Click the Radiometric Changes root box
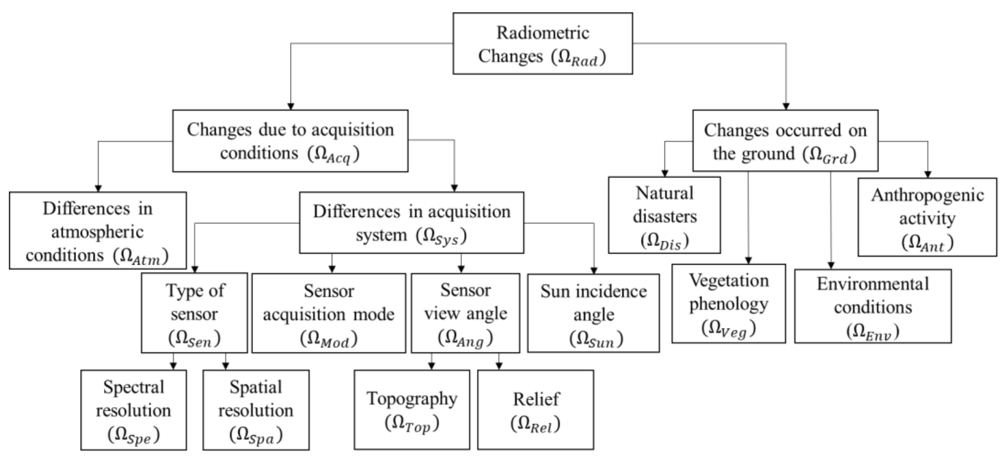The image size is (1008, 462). [542, 43]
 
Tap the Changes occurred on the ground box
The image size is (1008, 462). [785, 141]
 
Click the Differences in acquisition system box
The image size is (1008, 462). [411, 222]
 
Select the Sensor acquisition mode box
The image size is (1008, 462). [329, 313]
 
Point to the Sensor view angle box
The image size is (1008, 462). [465, 313]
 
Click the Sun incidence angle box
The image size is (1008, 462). [593, 313]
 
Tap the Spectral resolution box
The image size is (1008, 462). [133, 410]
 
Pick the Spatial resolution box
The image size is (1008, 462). [256, 410]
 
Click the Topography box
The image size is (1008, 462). [412, 410]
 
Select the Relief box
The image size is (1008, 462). [535, 410]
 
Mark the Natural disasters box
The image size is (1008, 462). [664, 215]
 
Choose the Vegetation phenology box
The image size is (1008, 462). [728, 303]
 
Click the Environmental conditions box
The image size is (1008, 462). [873, 306]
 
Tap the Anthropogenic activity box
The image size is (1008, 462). [927, 217]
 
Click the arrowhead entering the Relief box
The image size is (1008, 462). [499, 366]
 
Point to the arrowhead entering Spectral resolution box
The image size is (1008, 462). [173, 366]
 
